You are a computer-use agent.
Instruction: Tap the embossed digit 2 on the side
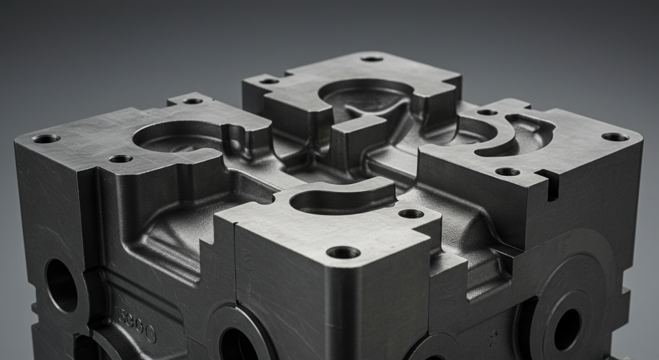tap(493, 337)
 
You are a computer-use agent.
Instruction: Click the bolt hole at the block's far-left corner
tap(46, 138)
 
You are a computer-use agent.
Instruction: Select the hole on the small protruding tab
tap(192, 100)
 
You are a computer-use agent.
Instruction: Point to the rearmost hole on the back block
tap(371, 59)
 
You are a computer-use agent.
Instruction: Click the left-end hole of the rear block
tap(269, 81)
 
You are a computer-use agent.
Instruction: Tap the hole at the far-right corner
tap(615, 137)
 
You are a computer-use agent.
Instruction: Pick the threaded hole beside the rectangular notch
tap(507, 171)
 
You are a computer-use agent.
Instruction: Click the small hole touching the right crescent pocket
tap(487, 112)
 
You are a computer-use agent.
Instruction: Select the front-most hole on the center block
tap(343, 252)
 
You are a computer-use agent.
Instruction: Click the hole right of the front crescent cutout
tap(411, 213)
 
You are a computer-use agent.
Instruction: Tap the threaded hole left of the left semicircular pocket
tap(120, 158)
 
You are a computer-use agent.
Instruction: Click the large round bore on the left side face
tap(62, 285)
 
